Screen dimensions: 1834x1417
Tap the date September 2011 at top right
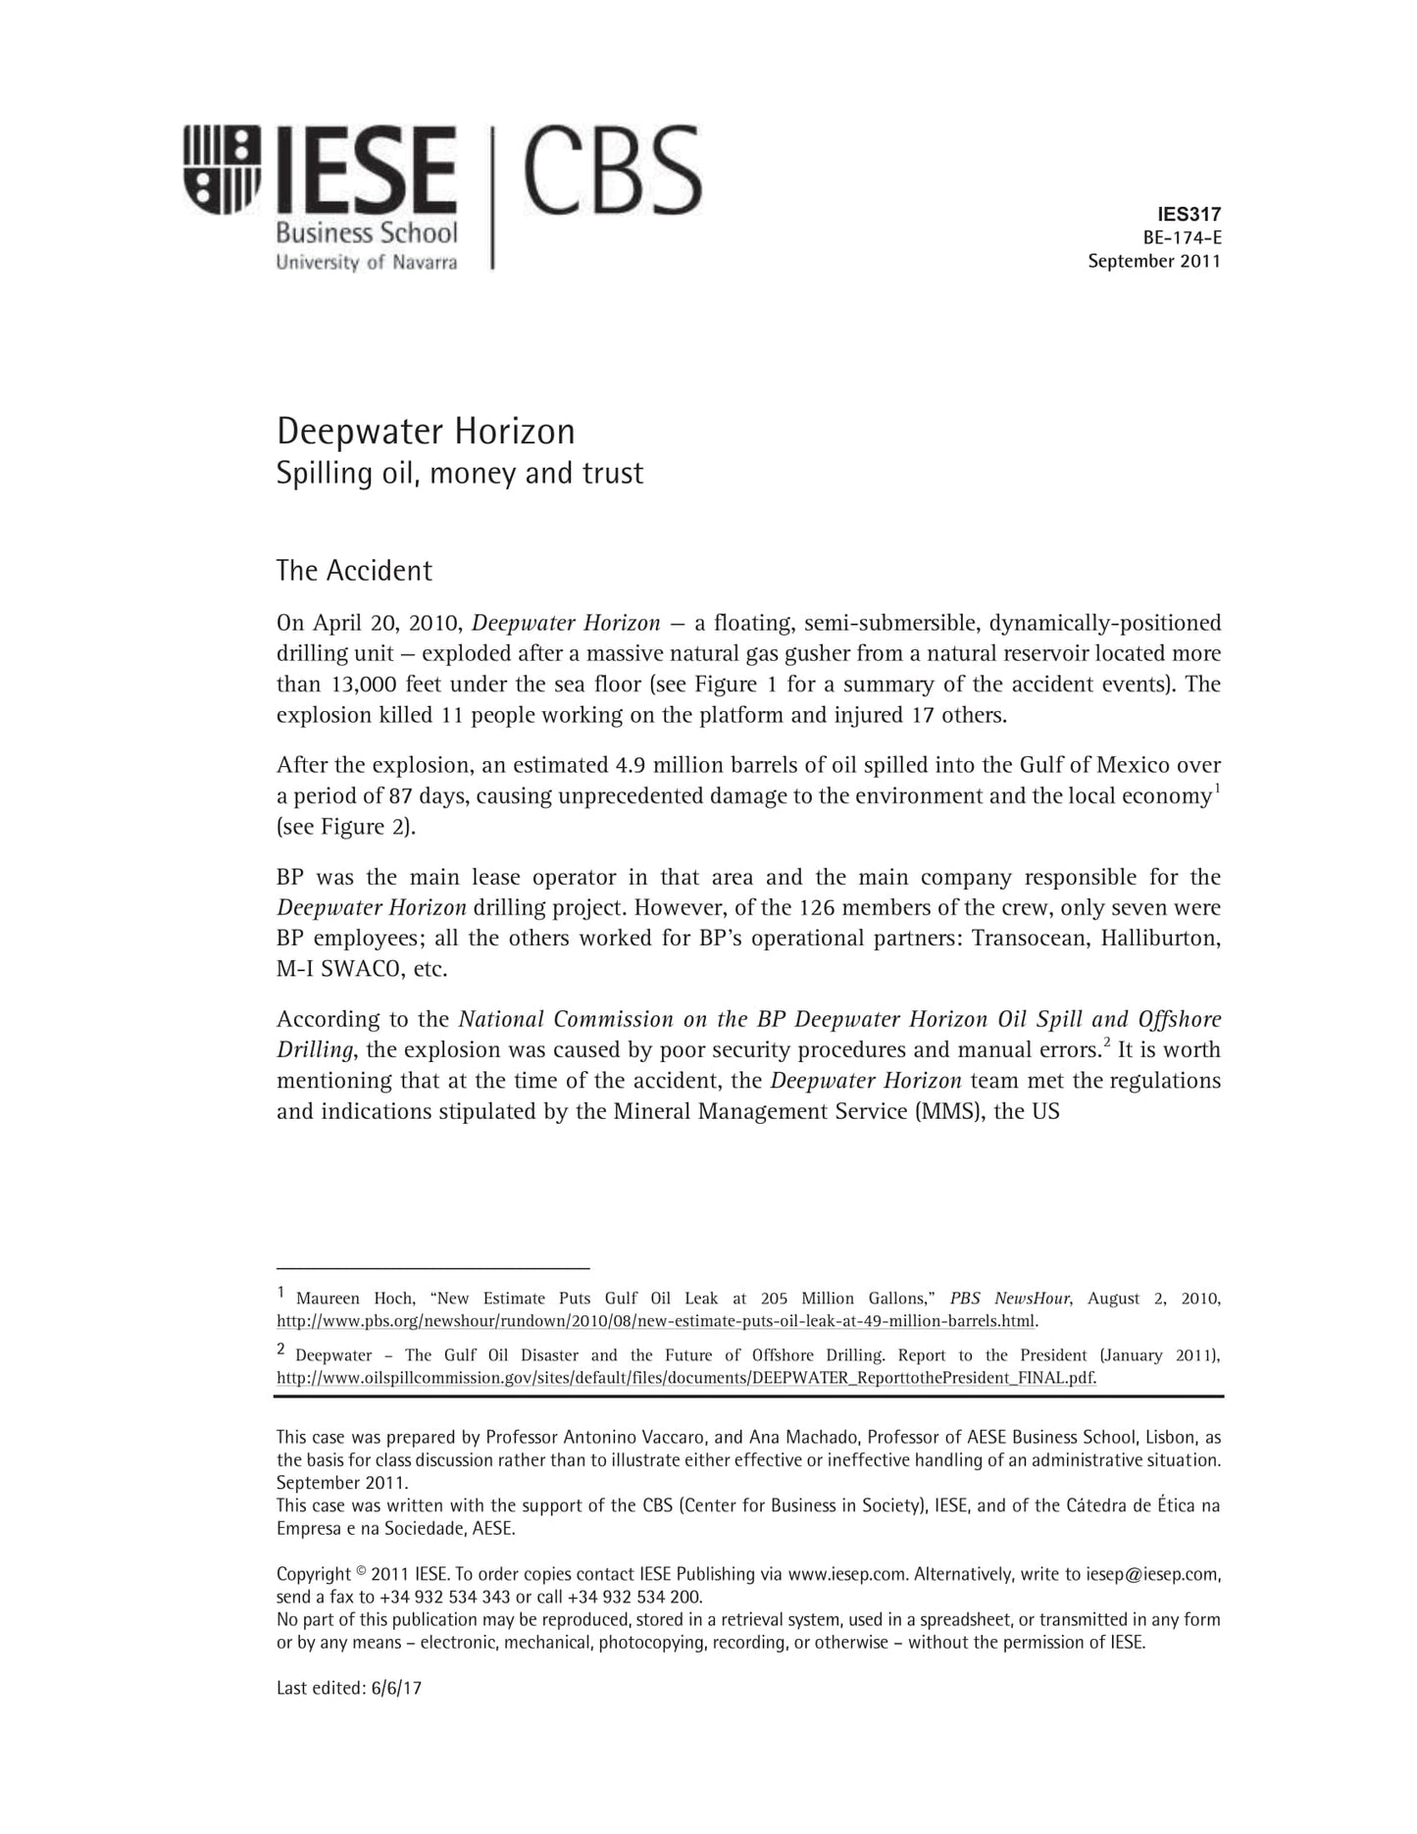click(1154, 261)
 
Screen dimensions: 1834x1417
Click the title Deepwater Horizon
click(426, 432)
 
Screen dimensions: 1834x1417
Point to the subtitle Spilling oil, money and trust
click(460, 474)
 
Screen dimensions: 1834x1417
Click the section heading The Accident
click(354, 571)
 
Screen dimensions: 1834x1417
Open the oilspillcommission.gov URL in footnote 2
click(686, 1377)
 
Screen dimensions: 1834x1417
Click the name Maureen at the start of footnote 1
click(329, 1299)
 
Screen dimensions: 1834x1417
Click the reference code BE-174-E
click(1182, 237)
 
